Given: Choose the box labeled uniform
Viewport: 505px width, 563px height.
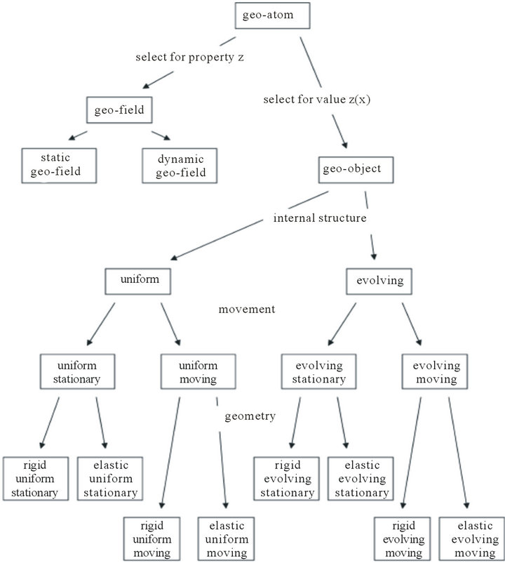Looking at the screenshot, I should (140, 280).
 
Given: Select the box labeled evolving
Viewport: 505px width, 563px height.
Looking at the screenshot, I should (379, 280).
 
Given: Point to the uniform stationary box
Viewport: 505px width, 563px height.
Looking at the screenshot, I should (78, 373).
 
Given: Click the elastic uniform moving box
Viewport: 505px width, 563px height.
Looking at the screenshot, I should (226, 539).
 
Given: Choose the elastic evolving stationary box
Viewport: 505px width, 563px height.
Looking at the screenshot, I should (358, 479).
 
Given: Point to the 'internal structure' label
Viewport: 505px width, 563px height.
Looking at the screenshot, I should (320, 218).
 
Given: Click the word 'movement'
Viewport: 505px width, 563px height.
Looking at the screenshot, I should (245, 309).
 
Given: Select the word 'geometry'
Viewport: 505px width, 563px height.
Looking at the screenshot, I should (250, 416).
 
